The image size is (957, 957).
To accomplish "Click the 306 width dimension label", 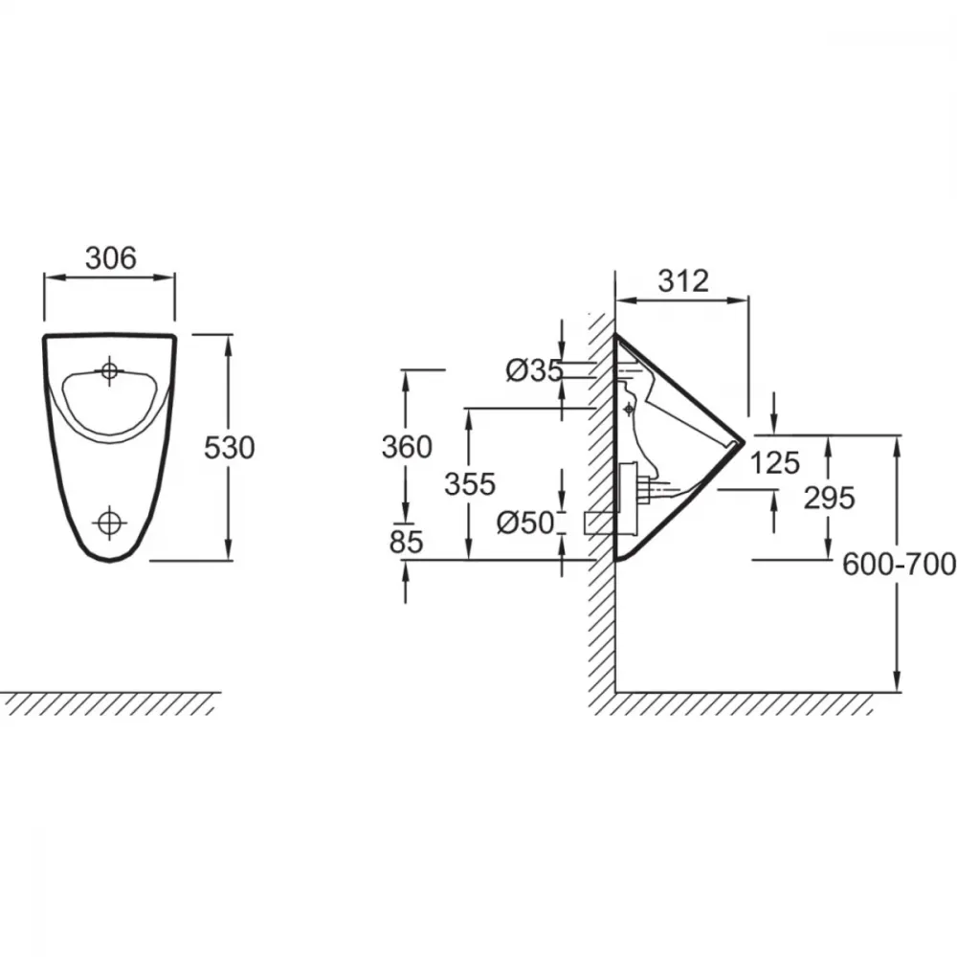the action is click(x=110, y=258).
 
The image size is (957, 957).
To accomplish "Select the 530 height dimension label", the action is click(x=229, y=448).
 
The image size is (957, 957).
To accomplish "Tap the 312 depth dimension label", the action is click(x=683, y=280).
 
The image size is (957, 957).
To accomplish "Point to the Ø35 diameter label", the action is click(x=534, y=369).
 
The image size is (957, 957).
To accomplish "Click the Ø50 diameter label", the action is click(x=525, y=523).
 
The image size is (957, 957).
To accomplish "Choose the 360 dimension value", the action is click(x=407, y=447).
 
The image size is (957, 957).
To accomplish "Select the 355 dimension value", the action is click(x=470, y=484).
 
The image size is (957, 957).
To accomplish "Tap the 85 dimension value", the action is click(x=406, y=542).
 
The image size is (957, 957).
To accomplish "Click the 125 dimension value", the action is click(x=774, y=462).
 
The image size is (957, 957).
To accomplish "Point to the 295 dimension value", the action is click(x=829, y=498).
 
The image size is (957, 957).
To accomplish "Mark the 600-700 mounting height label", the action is click(x=899, y=565).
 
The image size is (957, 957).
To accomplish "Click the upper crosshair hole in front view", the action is click(x=110, y=370).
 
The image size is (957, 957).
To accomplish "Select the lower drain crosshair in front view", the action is click(x=110, y=523).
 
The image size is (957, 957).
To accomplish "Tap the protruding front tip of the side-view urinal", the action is click(x=744, y=440).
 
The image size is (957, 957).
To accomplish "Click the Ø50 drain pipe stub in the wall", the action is click(x=600, y=523).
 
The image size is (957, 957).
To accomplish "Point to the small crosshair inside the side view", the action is click(x=630, y=409).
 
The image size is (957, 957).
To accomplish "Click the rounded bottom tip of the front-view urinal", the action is click(x=110, y=560).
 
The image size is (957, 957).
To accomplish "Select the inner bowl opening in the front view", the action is click(x=110, y=405).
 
